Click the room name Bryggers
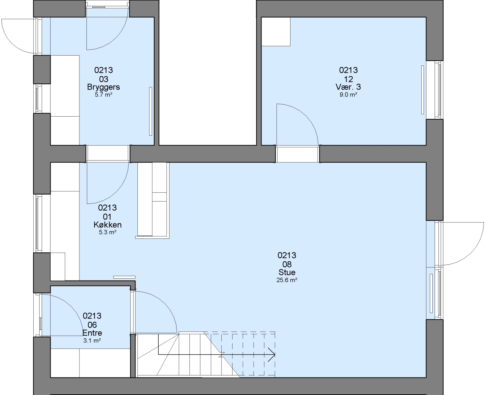[x=104, y=87]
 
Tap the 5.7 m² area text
[x=104, y=95]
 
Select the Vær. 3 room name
[x=348, y=87]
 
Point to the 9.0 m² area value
[x=348, y=95]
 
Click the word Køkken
[x=107, y=225]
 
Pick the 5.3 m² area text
[x=107, y=232]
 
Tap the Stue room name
[x=287, y=272]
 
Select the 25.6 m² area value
[x=287, y=280]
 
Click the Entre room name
[x=92, y=333]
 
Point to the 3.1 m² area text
[x=92, y=341]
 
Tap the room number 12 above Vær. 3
[x=348, y=79]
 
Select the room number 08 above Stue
[x=287, y=264]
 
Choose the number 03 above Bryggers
[x=104, y=79]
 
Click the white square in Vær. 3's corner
[x=276, y=32]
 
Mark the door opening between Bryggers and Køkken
[x=108, y=154]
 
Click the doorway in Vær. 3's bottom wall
[x=297, y=154]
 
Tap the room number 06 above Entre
[x=92, y=325]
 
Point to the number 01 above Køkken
[x=107, y=217]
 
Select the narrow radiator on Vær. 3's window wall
[x=422, y=90]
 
